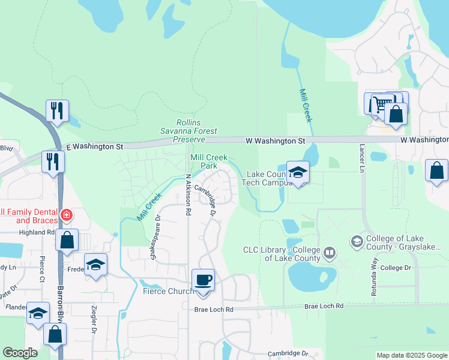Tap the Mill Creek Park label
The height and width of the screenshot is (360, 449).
[208, 161]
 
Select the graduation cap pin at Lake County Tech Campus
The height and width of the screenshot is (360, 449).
[298, 173]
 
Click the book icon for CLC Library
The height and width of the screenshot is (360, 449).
[329, 253]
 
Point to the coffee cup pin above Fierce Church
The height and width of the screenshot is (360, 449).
[203, 280]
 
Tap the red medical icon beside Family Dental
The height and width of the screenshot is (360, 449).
[67, 215]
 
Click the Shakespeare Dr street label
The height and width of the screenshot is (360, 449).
[155, 238]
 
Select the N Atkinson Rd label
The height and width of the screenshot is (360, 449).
[188, 195]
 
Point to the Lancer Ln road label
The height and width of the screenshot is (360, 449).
[362, 158]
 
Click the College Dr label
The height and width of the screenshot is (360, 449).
[396, 268]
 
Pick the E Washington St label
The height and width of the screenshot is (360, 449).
[94, 146]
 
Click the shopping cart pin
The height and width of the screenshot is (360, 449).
[378, 104]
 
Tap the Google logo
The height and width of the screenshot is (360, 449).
[20, 353]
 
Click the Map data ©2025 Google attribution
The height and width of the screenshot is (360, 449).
[412, 355]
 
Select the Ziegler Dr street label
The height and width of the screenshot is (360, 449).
[94, 319]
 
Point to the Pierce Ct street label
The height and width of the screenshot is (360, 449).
[41, 268]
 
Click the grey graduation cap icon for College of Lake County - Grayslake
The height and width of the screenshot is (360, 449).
[357, 241]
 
